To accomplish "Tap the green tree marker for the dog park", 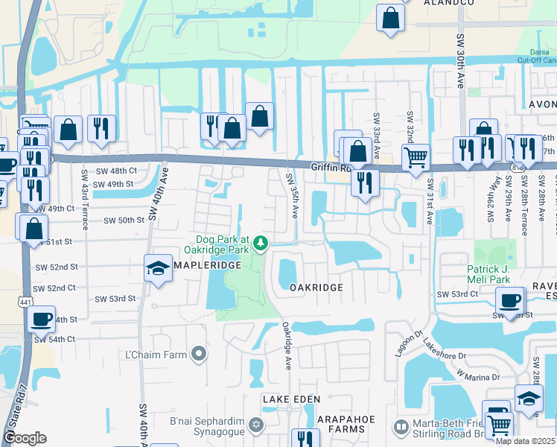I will click(261, 243).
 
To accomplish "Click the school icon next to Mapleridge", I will click(158, 268).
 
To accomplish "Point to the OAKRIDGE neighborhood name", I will click(316, 288).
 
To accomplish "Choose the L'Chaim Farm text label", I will click(157, 355).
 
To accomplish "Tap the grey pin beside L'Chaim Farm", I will click(198, 355).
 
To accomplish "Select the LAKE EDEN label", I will click(290, 400).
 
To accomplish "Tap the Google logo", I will click(25, 438).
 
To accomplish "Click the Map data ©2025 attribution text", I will click(525, 441).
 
